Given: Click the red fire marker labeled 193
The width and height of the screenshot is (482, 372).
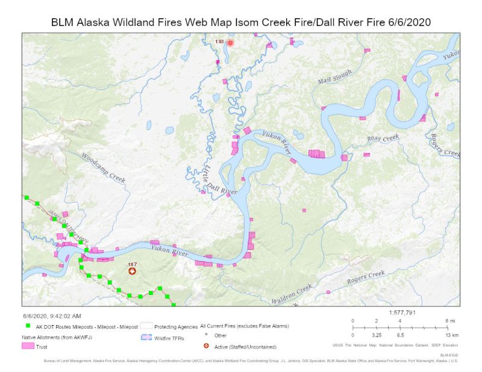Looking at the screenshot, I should [230, 43].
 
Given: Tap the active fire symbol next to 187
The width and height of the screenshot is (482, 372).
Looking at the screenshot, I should [132, 271].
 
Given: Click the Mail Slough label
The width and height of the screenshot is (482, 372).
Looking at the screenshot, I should [334, 77].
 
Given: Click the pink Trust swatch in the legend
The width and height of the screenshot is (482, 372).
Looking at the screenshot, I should [28, 346].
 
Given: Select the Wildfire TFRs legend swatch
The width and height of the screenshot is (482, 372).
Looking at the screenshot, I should [146, 338].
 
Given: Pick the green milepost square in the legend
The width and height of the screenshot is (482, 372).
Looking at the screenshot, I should [28, 326].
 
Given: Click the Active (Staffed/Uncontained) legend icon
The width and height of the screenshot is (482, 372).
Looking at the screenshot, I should [207, 346].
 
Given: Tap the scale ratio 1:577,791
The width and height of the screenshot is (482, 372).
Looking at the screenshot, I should [407, 312].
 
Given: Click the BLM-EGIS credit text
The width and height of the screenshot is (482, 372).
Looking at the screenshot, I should [449, 355].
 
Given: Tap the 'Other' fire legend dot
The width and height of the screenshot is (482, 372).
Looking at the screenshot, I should [207, 334].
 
